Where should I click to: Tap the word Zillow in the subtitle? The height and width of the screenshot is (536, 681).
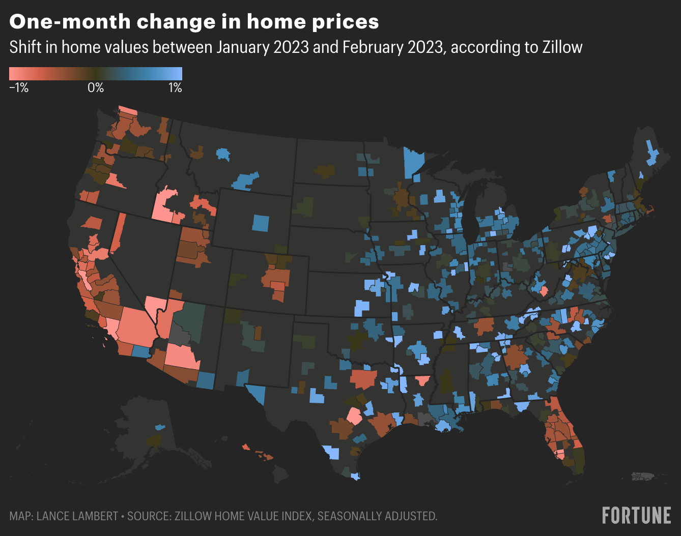[562, 47]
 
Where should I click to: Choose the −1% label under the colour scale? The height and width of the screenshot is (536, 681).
[19, 88]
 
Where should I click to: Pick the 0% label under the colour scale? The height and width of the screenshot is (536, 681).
[95, 88]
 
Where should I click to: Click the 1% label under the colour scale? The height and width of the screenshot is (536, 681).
[175, 88]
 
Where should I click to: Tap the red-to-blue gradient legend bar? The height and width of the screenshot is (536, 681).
[95, 74]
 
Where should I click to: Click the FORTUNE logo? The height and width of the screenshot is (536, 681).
[636, 515]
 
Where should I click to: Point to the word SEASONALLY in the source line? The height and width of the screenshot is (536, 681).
[351, 516]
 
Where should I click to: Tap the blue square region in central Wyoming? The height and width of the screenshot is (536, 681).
[261, 223]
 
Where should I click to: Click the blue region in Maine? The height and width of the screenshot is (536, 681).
[652, 153]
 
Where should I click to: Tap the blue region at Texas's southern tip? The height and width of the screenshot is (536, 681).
[355, 477]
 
